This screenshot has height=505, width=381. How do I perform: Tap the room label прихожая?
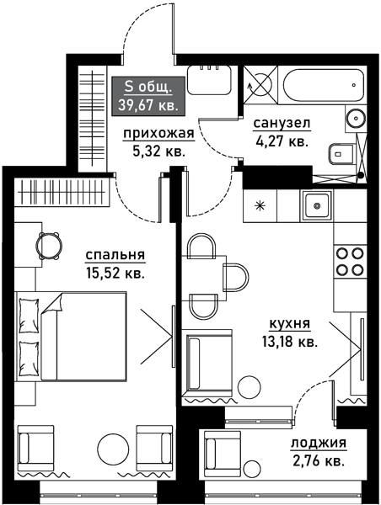[158, 134]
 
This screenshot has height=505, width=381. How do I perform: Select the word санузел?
[282, 124]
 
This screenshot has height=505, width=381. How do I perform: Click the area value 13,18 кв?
[289, 342]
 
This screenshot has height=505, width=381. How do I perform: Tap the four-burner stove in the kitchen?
[349, 261]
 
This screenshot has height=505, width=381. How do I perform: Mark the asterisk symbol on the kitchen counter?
[260, 205]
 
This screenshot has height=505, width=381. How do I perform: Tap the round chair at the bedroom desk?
[48, 245]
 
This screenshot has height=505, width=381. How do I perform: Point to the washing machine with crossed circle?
[261, 85]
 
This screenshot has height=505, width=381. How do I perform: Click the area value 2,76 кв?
[318, 461]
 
